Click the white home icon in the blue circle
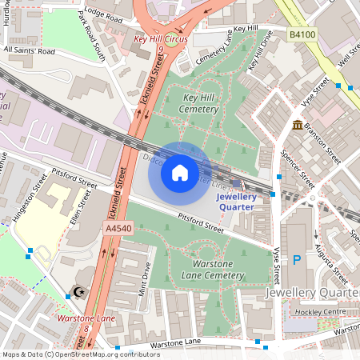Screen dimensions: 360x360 (180, 172)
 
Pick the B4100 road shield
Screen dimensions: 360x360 (302, 35)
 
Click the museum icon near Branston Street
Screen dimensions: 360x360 (298, 125)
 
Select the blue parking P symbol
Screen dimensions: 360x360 (297, 259)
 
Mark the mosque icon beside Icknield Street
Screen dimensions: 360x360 (78, 293)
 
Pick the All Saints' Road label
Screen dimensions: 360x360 (30, 50)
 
